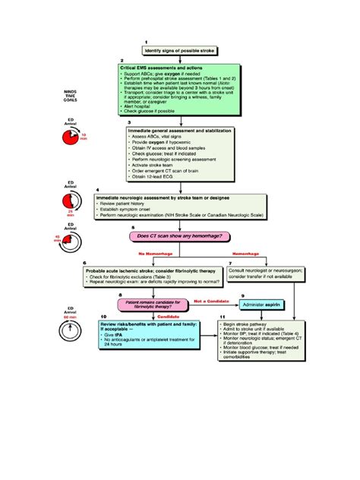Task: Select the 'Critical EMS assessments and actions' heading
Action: click(161, 68)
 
